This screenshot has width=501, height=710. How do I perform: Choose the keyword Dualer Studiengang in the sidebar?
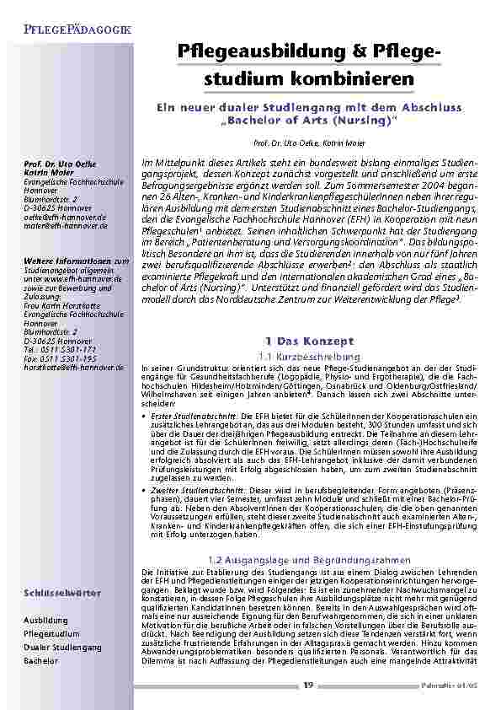coord(63,647)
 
